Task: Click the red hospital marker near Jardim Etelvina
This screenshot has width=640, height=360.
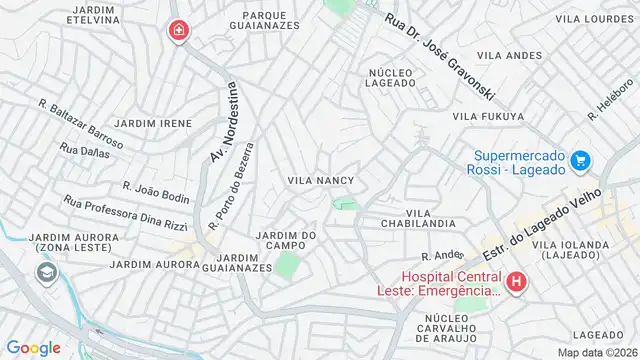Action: pos(179,32)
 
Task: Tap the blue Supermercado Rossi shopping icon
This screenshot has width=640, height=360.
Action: pos(580,160)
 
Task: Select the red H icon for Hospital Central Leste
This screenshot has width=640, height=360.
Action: pos(516,283)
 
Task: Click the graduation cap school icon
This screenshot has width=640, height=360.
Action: pos(46,272)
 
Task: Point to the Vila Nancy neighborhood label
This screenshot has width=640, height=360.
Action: pos(320,180)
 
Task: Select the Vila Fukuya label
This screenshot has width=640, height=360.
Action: pos(488,117)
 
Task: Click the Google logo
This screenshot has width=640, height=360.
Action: pos(33,347)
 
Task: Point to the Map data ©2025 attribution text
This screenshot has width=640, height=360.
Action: pos(596,352)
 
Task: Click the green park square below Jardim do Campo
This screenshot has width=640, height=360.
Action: pos(287,266)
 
